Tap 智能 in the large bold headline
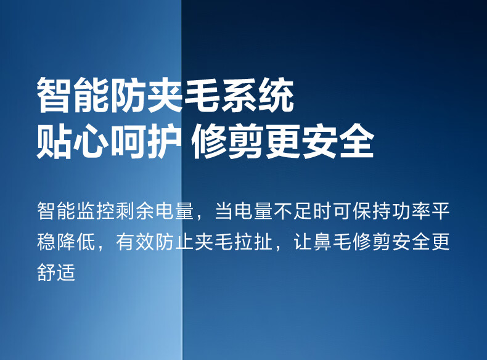[x=73, y=95]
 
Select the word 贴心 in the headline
[x=73, y=141]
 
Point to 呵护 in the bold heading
[x=146, y=141]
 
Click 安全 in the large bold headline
[x=337, y=141]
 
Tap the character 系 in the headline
[x=239, y=95]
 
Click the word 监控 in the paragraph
[x=96, y=211]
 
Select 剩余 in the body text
[x=136, y=211]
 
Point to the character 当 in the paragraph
[x=224, y=211]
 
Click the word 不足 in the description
[x=293, y=211]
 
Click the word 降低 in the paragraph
[x=76, y=242]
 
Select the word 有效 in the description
[x=136, y=242]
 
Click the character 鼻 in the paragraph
[x=322, y=242]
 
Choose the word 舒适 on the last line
[x=57, y=272]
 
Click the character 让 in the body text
[x=303, y=242]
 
